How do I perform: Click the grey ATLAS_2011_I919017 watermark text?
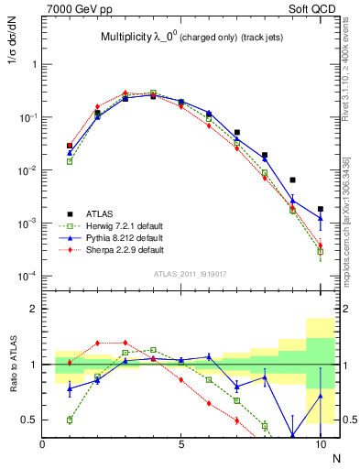pyautogui.click(x=191, y=273)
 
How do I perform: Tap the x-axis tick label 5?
pyautogui.click(x=181, y=444)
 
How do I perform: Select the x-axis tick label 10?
pyautogui.click(x=320, y=444)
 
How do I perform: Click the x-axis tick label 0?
pyautogui.click(x=43, y=444)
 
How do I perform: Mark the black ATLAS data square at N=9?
pyautogui.click(x=292, y=180)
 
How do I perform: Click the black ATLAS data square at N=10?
pyautogui.click(x=320, y=209)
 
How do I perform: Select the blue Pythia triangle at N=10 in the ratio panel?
pyautogui.click(x=320, y=396)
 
